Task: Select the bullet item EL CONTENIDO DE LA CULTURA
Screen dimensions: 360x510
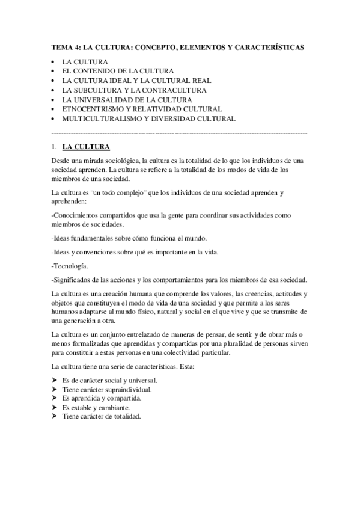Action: click(118, 71)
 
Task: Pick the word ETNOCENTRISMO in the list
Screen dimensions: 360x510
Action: click(93, 109)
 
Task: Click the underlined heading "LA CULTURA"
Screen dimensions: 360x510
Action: click(86, 146)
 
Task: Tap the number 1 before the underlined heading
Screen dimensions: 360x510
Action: click(54, 146)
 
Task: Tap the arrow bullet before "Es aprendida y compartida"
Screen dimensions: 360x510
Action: click(55, 398)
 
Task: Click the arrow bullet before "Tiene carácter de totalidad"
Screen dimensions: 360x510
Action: click(55, 417)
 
